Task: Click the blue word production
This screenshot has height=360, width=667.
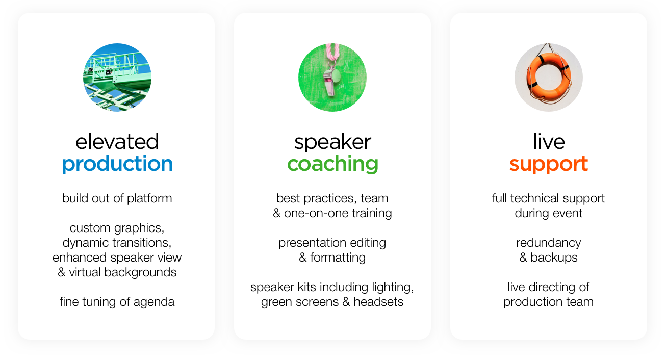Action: click(x=117, y=164)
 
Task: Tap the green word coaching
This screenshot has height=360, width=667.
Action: click(x=332, y=164)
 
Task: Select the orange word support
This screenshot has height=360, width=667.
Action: click(x=549, y=165)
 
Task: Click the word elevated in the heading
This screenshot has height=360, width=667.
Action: click(x=117, y=141)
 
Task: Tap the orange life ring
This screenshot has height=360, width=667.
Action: click(x=549, y=77)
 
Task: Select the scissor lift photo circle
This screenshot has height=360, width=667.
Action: click(x=117, y=78)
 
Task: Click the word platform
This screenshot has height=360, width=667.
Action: click(x=149, y=198)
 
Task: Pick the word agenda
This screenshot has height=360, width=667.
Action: click(x=154, y=302)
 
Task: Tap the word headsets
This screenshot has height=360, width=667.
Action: click(x=378, y=302)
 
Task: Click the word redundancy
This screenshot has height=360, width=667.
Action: click(x=549, y=243)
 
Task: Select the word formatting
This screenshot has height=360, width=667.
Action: click(x=338, y=258)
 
